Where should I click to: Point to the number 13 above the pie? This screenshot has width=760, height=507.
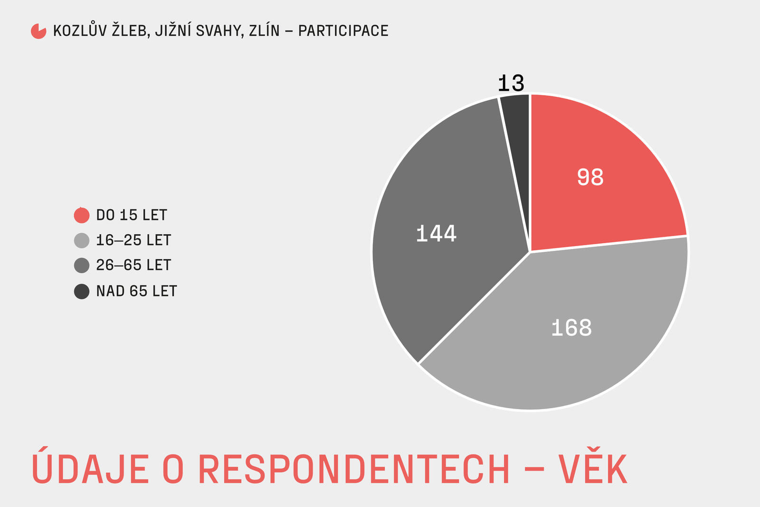click(511, 84)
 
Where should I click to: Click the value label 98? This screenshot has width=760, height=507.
click(590, 177)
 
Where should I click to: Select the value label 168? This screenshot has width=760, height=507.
click(571, 328)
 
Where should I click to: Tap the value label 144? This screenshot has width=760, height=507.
click(436, 234)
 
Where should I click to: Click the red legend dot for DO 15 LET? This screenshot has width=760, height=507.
click(82, 215)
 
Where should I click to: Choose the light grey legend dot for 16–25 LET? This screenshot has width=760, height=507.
click(82, 240)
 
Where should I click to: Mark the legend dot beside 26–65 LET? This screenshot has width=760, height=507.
click(82, 265)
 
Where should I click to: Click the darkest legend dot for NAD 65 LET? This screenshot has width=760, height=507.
click(82, 291)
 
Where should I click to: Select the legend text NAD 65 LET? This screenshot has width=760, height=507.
click(136, 291)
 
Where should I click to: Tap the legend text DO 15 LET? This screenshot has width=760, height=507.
click(132, 215)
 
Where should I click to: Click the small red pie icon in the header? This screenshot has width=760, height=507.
click(38, 31)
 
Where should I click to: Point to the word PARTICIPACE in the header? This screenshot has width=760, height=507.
click(343, 31)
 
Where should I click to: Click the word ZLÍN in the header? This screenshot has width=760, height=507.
click(264, 31)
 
